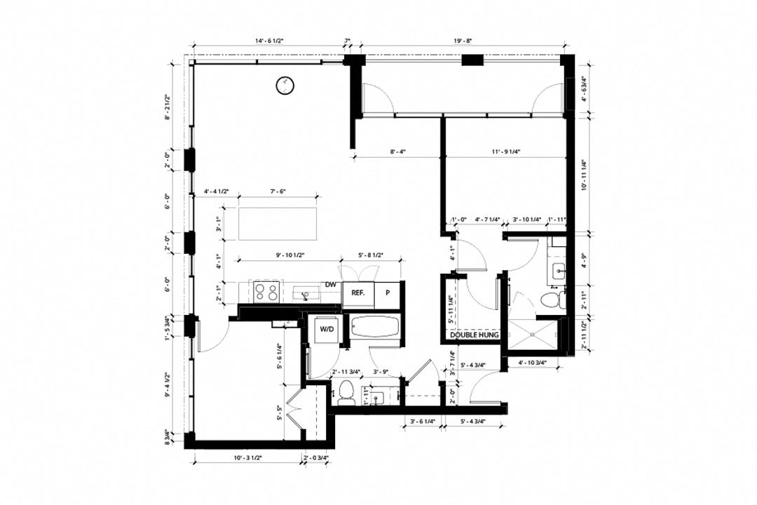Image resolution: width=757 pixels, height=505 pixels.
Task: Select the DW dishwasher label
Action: click(x=331, y=284)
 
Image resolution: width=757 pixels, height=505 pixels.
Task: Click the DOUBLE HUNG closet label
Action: click(x=474, y=336)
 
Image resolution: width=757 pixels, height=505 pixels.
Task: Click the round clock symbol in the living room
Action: click(x=285, y=85)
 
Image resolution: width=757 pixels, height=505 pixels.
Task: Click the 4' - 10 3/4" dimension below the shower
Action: click(x=531, y=363)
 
